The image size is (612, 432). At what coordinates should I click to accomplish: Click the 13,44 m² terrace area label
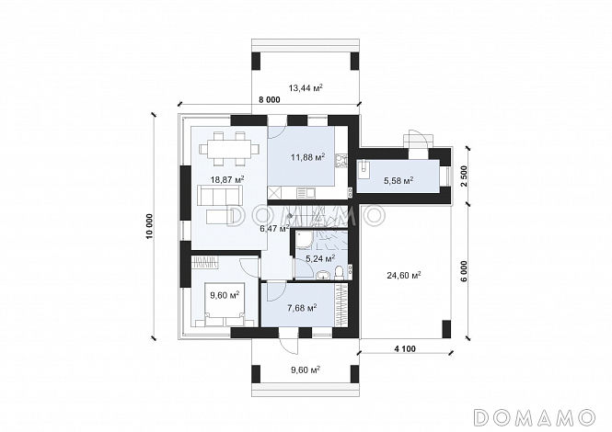tap(306, 88)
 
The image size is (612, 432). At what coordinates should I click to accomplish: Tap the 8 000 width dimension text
tap(270, 100)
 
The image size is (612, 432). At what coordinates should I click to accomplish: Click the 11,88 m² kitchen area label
tap(308, 157)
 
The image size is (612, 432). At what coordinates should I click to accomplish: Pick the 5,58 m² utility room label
tap(398, 180)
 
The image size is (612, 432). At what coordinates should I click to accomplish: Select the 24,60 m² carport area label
tap(404, 275)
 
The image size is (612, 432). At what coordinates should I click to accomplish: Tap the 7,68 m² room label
tap(302, 308)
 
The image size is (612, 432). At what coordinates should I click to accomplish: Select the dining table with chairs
tap(229, 149)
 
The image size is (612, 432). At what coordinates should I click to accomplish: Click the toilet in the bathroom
tap(340, 273)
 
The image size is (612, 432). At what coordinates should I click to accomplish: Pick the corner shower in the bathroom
tap(303, 239)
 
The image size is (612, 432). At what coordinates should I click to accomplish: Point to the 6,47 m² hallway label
tap(275, 229)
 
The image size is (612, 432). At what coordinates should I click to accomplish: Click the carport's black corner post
tap(446, 329)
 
